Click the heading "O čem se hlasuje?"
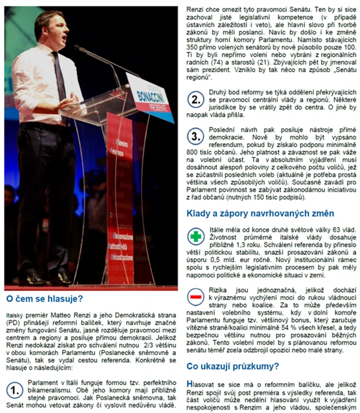click(44, 298)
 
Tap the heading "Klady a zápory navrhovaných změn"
click(260, 214)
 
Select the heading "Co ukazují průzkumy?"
click(233, 366)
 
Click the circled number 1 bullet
click(15, 389)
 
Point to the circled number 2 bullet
click(195, 101)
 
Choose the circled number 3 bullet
click(195, 136)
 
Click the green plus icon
click(195, 237)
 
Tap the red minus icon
click(195, 296)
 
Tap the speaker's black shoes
click(45, 278)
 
